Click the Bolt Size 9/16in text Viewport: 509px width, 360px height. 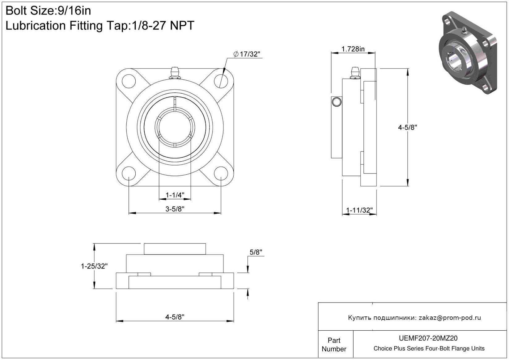[x=48, y=11]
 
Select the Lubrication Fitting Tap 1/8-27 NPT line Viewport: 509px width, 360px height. [x=100, y=26]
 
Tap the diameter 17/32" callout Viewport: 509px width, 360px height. [x=247, y=54]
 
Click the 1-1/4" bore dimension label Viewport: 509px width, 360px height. [x=175, y=195]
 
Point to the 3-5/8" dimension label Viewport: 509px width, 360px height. [x=175, y=209]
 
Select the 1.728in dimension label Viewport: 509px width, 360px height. [x=353, y=49]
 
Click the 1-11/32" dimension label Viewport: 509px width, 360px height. [x=359, y=210]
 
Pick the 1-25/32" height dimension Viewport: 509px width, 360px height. [x=94, y=266]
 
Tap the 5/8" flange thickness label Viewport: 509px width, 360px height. [x=256, y=252]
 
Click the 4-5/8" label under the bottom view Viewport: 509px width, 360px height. [x=175, y=317]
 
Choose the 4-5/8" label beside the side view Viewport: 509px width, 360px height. [x=407, y=127]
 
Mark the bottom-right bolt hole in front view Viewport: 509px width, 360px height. [x=221, y=173]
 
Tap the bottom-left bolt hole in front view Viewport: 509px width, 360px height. [x=129, y=173]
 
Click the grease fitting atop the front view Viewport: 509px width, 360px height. [x=175, y=73]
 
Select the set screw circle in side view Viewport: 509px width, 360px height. [x=336, y=102]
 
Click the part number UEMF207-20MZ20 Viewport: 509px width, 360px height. [x=429, y=338]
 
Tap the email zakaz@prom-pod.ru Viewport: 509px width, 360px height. [x=450, y=318]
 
